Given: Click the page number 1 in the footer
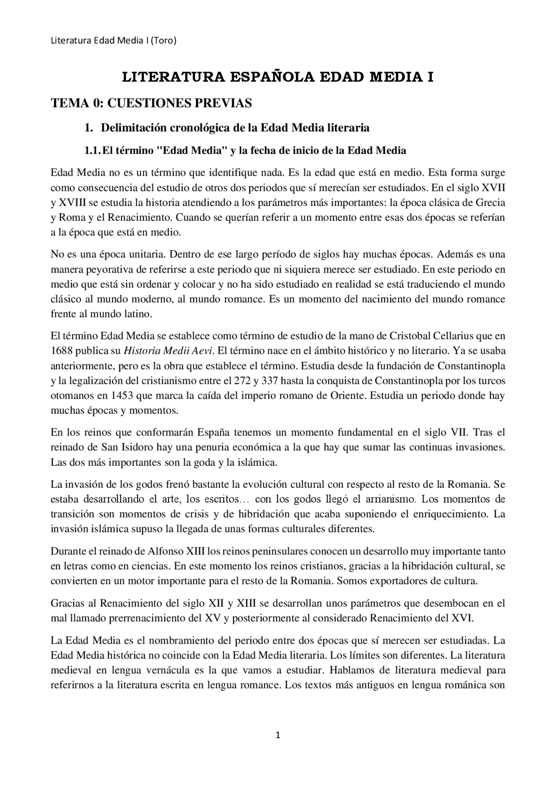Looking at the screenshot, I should pyautogui.click(x=278, y=735).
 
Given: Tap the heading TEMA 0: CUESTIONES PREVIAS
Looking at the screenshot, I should pyautogui.click(x=151, y=103).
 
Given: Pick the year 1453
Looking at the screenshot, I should pyautogui.click(x=122, y=396).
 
